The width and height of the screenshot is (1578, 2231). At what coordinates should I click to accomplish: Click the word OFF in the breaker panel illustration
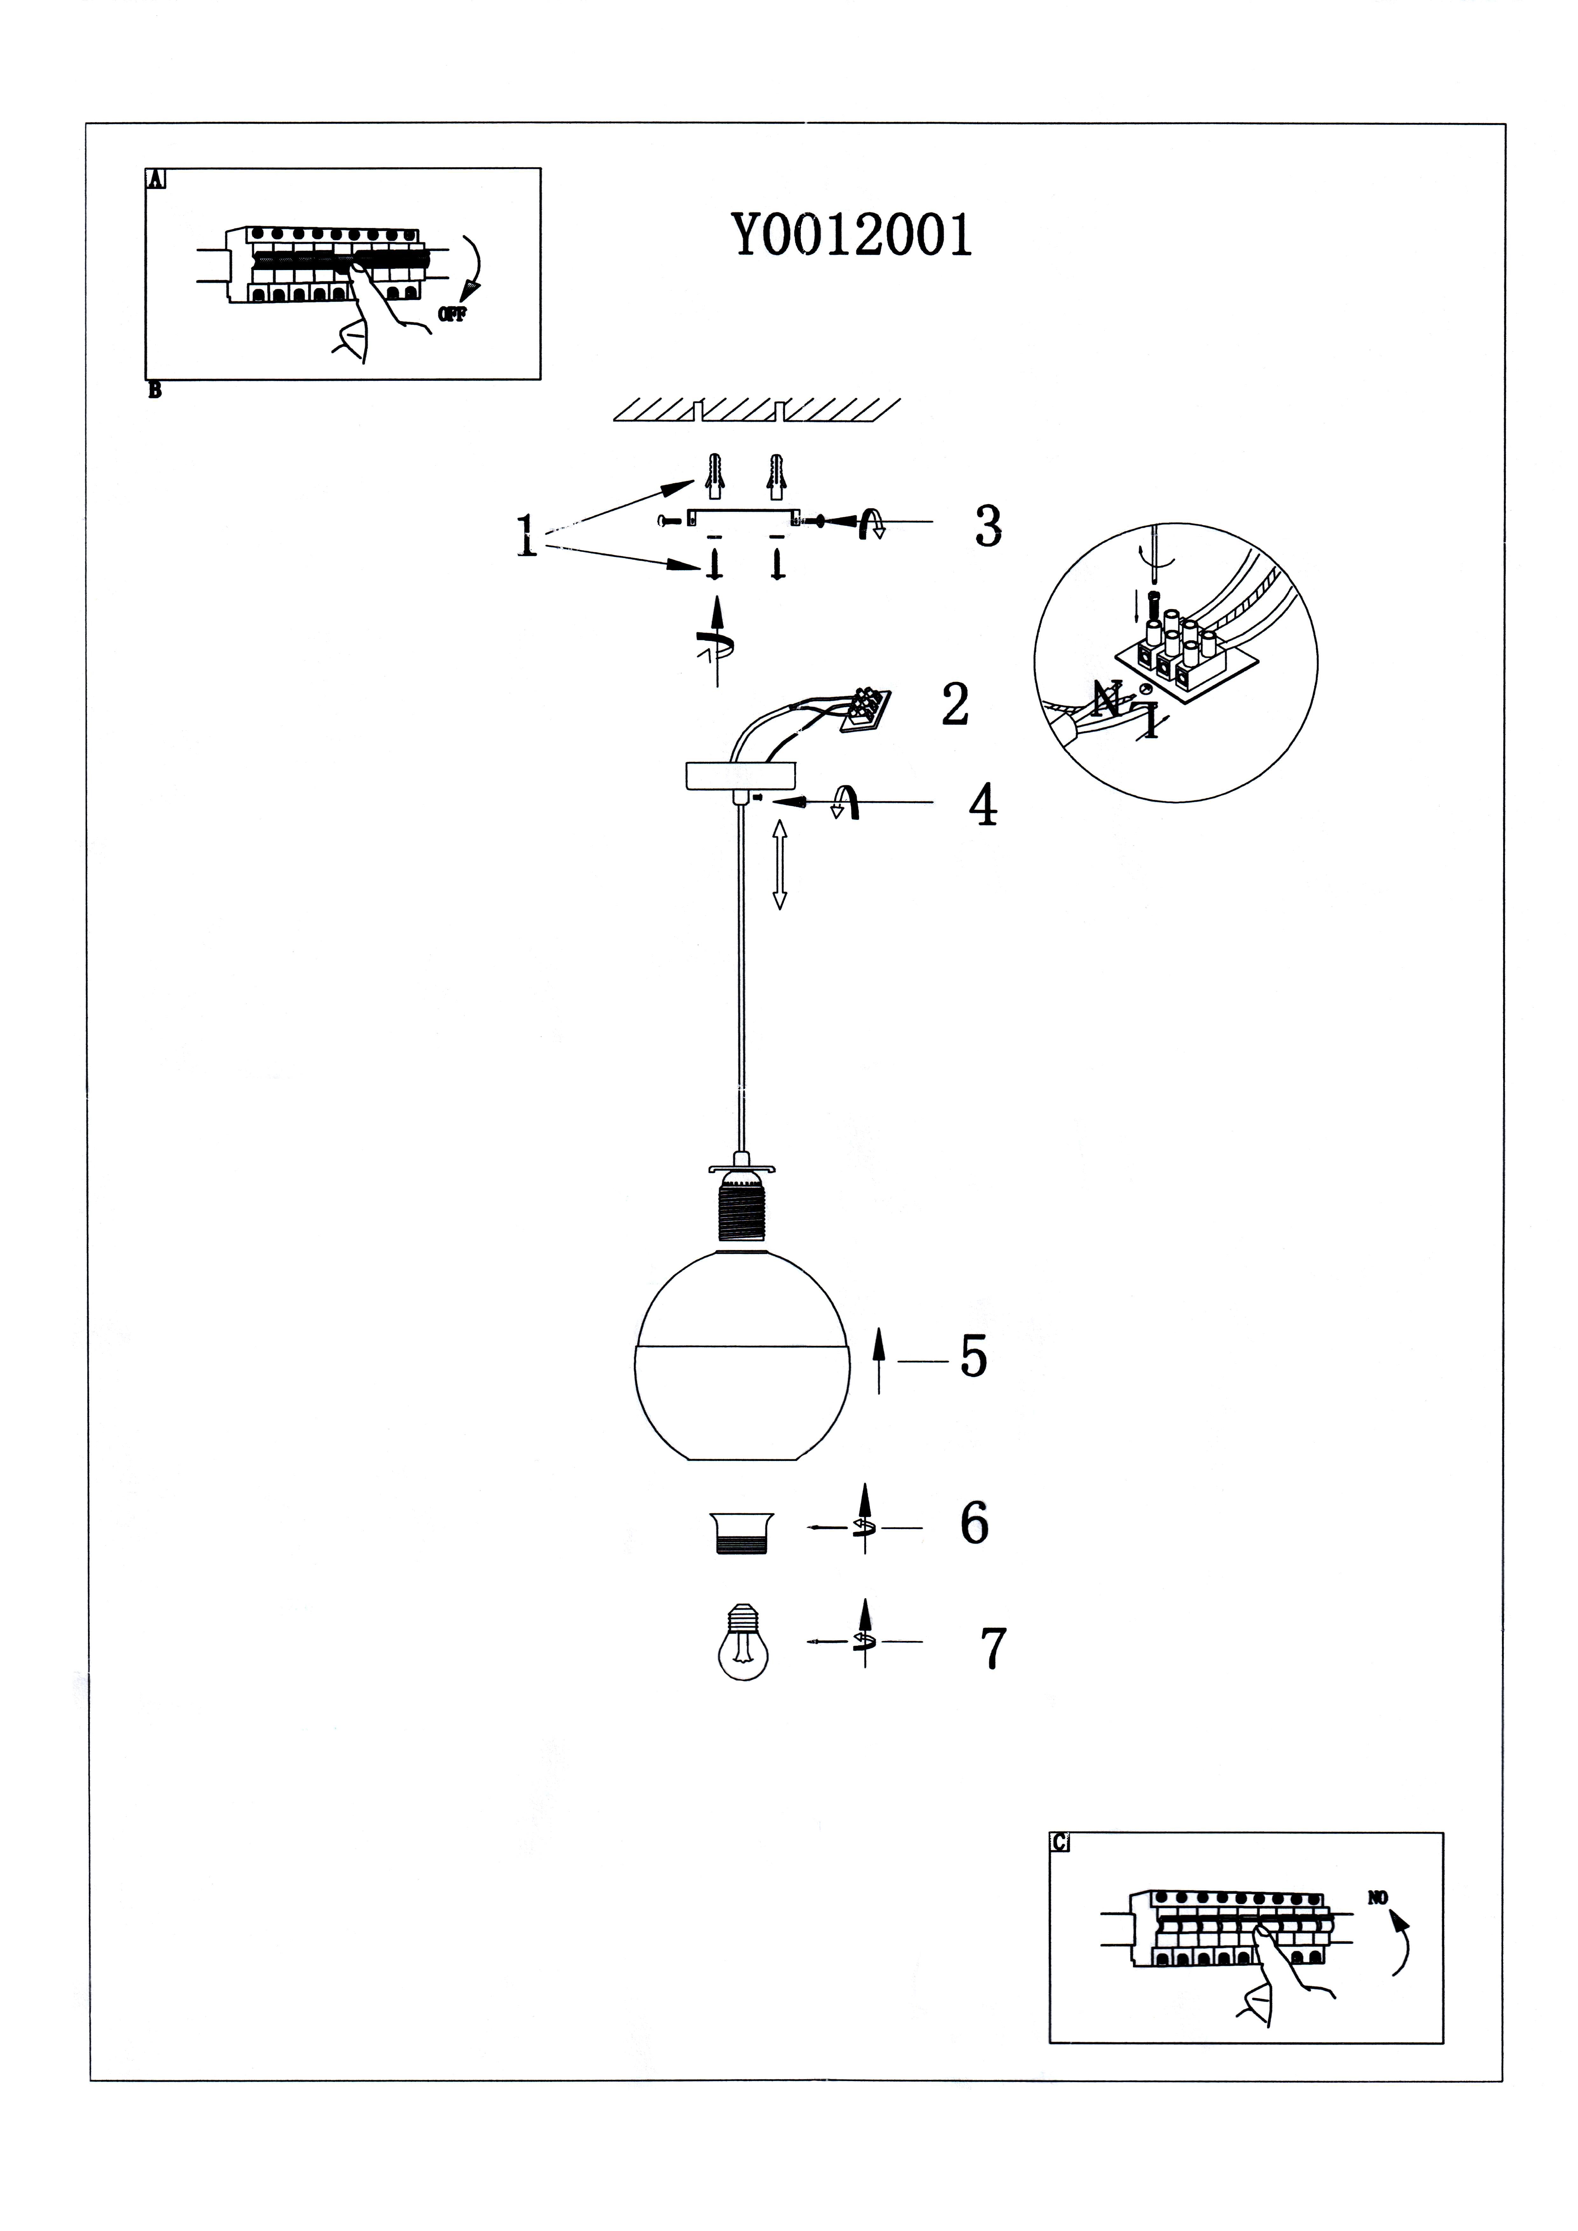(x=453, y=314)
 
